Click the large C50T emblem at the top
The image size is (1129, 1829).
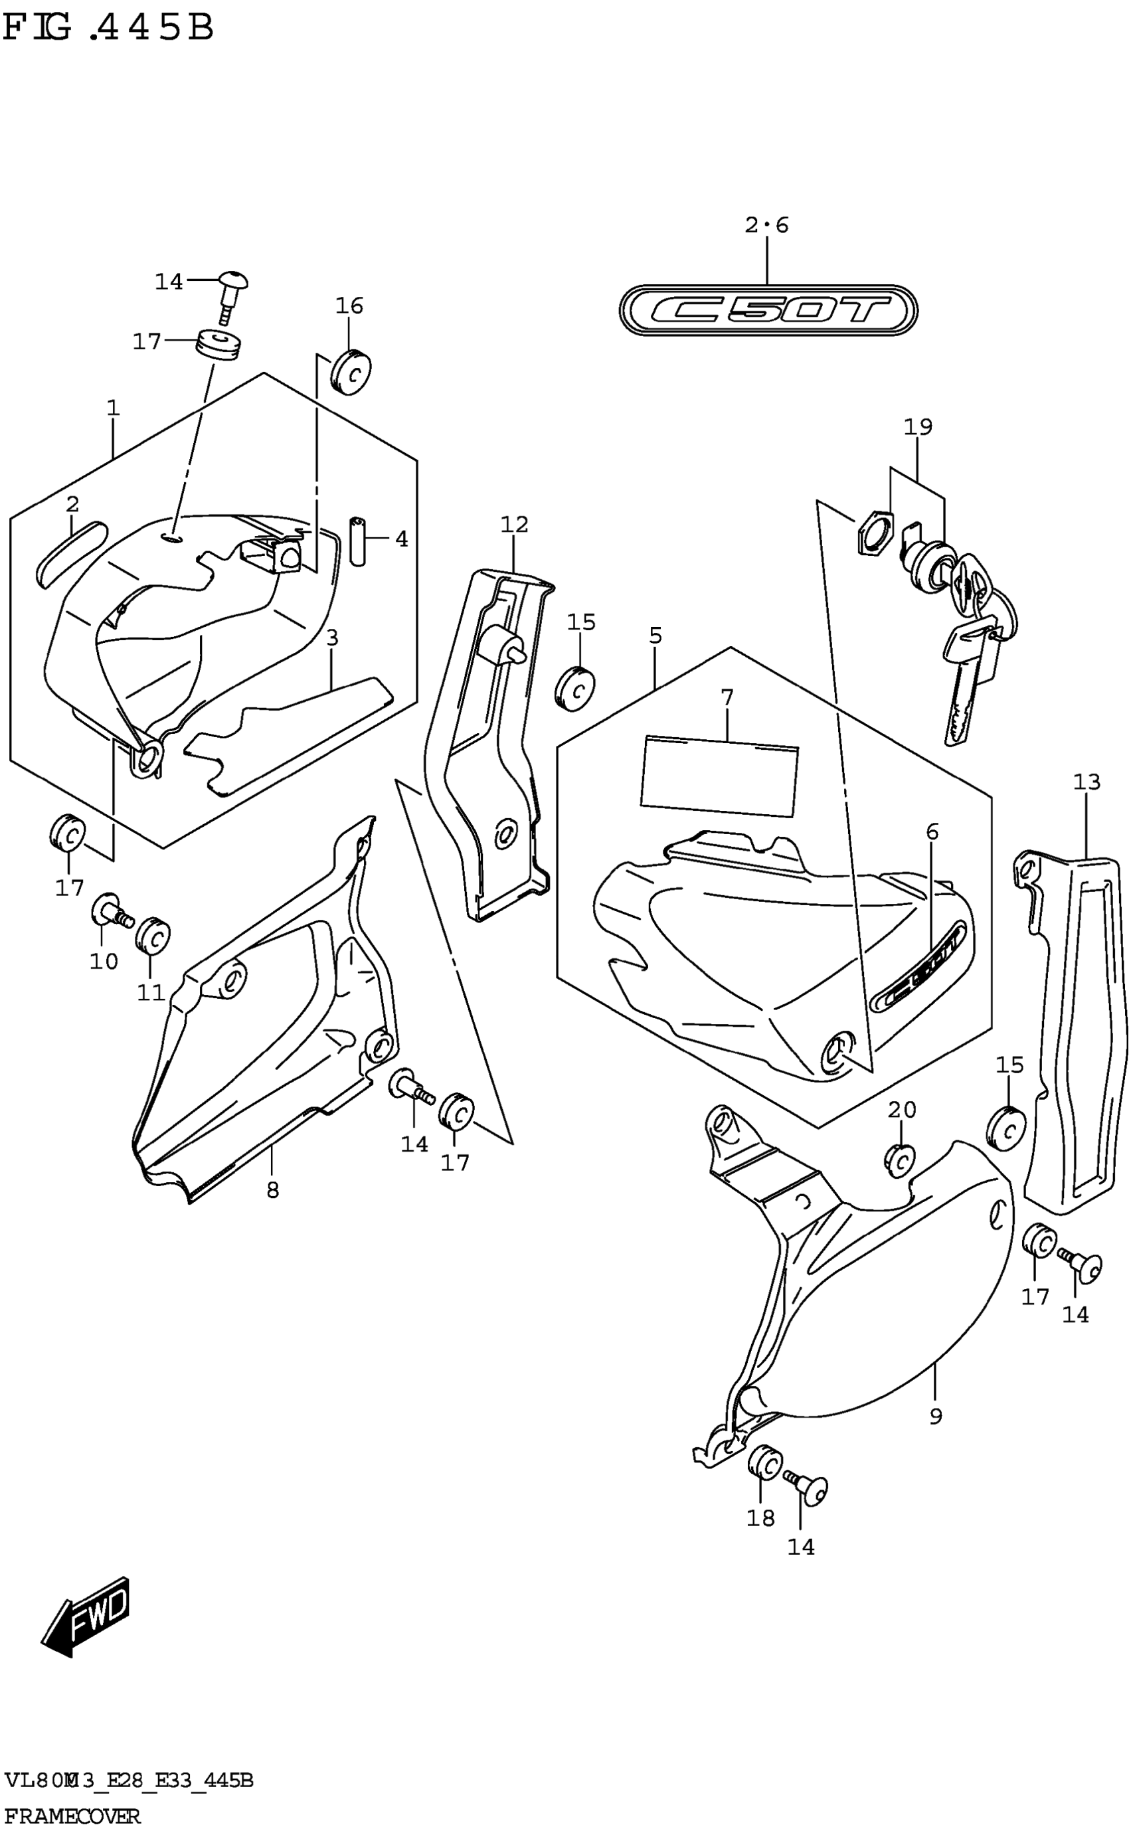tap(768, 309)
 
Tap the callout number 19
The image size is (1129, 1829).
tap(918, 427)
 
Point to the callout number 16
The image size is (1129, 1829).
tap(349, 306)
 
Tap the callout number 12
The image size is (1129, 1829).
tap(515, 525)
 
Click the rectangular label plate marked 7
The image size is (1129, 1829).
tap(719, 774)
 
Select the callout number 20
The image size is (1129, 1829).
tap(902, 1110)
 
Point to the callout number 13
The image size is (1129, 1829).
tap(1086, 782)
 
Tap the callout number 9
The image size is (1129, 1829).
tap(936, 1416)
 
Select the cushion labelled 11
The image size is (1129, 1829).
tap(153, 935)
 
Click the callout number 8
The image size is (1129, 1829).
tap(272, 1190)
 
